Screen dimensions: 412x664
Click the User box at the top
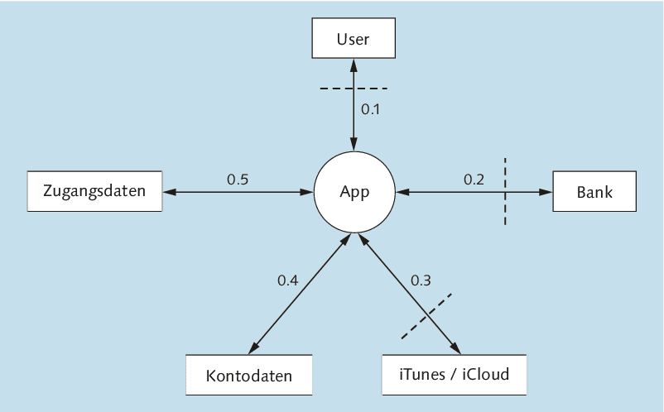354,38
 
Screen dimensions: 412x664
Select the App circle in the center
354,192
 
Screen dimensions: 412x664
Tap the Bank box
594,192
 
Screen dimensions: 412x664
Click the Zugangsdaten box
95,192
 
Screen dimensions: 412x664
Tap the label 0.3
421,280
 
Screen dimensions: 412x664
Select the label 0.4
287,280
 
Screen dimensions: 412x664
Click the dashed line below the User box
354,88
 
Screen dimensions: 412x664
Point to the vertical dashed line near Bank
504,191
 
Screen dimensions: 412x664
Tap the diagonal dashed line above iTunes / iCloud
426,315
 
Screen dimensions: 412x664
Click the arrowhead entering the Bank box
546,192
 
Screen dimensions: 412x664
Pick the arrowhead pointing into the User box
354,62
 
